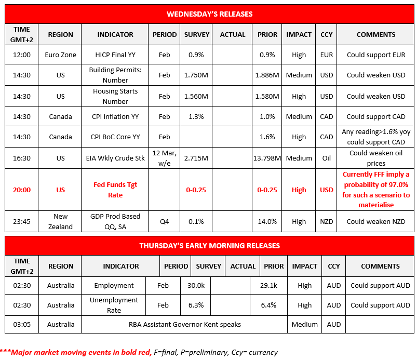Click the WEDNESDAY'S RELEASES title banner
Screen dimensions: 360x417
tap(209, 14)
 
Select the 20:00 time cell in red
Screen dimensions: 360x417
tap(22, 190)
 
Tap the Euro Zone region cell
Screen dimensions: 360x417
tap(60, 55)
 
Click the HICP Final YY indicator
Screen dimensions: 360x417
tap(115, 55)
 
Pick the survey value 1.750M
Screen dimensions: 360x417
tap(196, 75)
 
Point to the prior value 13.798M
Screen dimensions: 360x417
tap(267, 158)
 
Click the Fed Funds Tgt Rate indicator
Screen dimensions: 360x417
tap(115, 190)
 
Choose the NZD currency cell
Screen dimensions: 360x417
tap(327, 221)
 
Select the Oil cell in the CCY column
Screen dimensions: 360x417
tap(327, 158)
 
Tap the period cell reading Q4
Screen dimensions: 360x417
tap(164, 221)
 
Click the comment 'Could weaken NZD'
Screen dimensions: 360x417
tap(376, 221)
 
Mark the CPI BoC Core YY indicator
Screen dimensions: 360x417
tap(115, 137)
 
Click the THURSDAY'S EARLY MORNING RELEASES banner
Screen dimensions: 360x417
tap(209, 246)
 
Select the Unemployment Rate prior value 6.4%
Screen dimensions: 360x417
tap(268, 305)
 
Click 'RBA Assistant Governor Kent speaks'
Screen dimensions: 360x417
tap(185, 324)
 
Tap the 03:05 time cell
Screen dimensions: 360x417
tap(22, 324)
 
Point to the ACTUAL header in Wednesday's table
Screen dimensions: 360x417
tap(233, 34)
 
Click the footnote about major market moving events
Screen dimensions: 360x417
tap(139, 352)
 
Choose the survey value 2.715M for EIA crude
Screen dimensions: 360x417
tap(196, 158)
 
